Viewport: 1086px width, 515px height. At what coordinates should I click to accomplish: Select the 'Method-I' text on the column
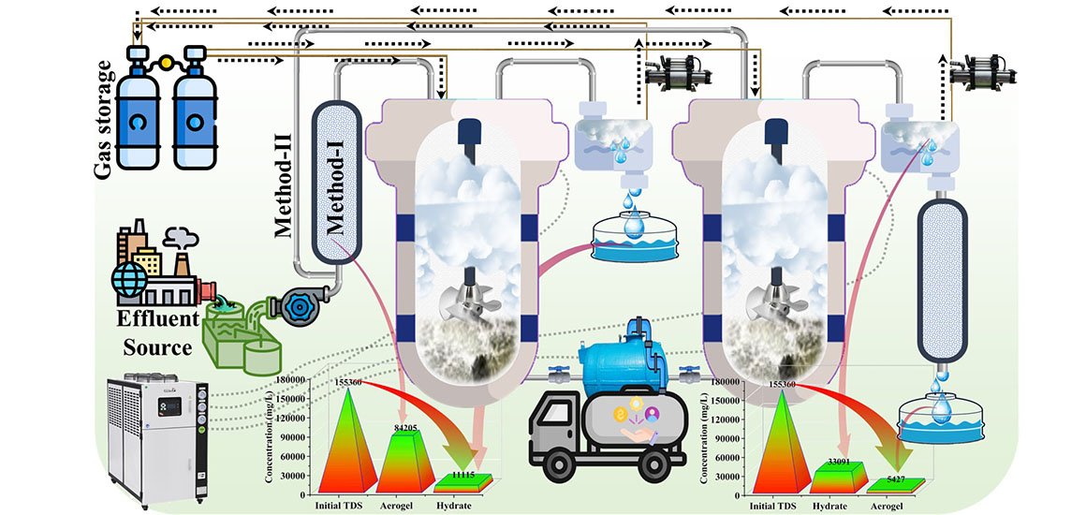[335, 186]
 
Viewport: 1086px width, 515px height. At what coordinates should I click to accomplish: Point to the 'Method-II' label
[287, 182]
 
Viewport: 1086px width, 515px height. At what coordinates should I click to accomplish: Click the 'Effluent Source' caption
[158, 332]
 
